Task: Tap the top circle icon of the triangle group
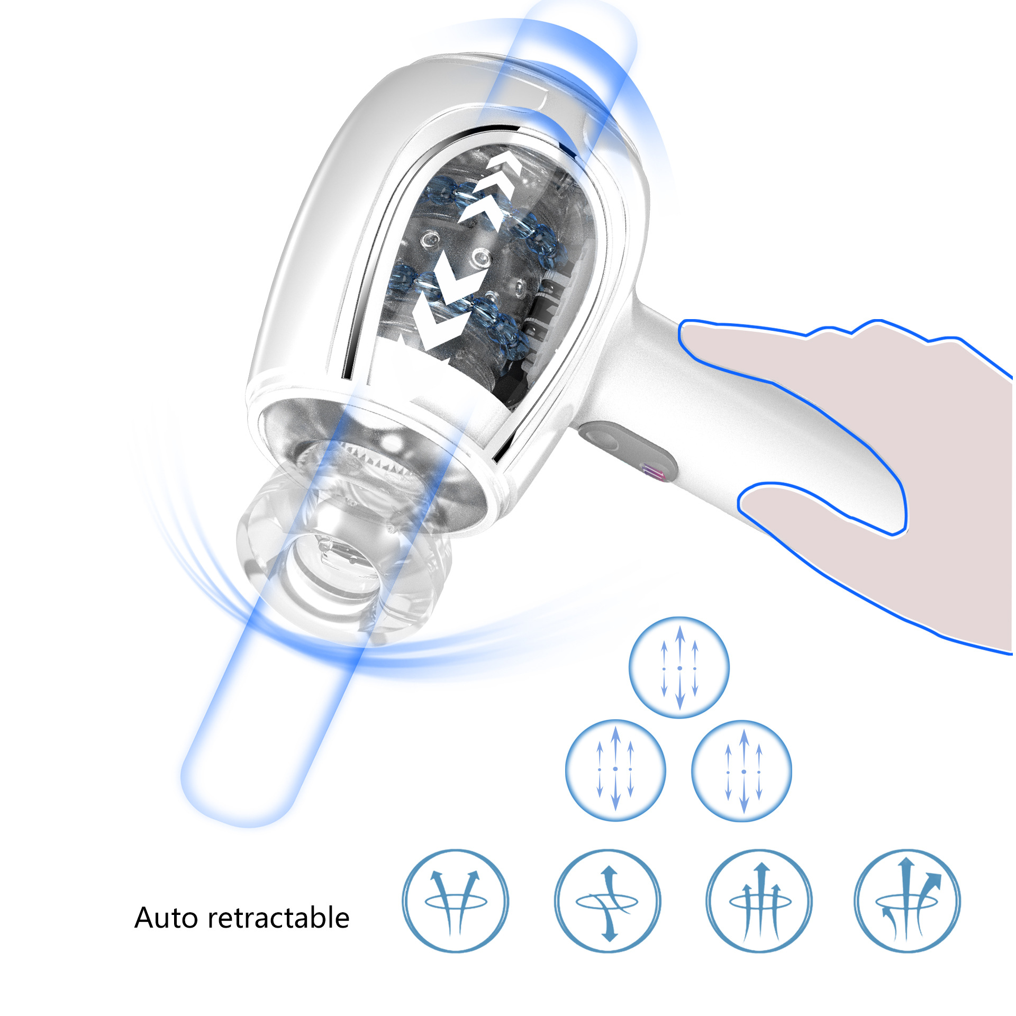pos(679,668)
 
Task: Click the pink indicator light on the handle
pos(653,471)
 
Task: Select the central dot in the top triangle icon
pos(680,668)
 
